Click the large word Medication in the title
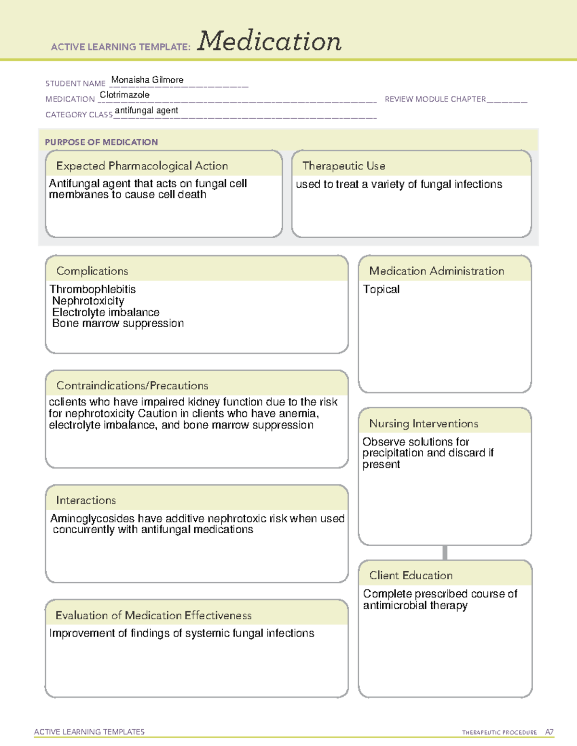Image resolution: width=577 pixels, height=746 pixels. (269, 41)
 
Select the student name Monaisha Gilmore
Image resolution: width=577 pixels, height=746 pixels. (147, 80)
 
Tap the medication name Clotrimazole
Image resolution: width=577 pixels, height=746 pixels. (125, 95)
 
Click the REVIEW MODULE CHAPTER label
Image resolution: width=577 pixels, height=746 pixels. (435, 99)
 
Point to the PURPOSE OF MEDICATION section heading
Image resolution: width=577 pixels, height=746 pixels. (101, 142)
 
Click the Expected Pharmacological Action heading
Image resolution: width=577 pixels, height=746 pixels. (142, 166)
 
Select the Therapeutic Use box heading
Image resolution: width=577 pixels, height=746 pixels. (343, 166)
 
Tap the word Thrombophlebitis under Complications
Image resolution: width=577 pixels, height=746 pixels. (92, 289)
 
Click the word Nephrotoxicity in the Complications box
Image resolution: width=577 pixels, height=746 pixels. (88, 301)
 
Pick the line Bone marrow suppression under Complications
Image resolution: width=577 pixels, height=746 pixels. (118, 323)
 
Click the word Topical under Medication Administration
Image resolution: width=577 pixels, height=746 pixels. (381, 289)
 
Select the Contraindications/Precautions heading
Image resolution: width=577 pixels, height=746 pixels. (132, 385)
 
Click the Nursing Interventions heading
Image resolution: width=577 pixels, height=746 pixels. (423, 423)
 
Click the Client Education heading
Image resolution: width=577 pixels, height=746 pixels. (411, 575)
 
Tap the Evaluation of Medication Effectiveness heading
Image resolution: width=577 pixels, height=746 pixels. (153, 615)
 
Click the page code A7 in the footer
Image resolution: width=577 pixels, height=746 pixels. (549, 732)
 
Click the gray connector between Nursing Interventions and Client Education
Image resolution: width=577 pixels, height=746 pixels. (445, 552)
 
